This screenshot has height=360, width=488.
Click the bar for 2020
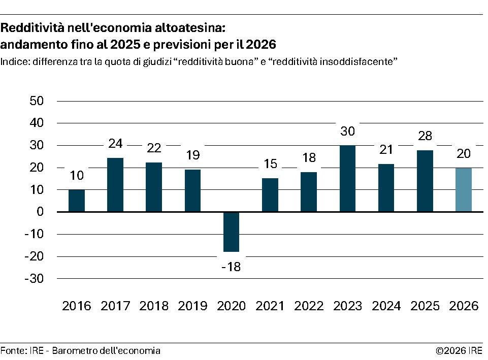tap(231, 232)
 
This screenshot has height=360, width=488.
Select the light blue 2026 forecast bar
tap(463, 189)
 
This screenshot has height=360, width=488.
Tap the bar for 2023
tap(347, 178)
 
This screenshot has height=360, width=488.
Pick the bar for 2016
tap(77, 201)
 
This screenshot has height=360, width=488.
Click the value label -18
tap(231, 267)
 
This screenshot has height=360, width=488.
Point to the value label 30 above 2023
tap(347, 131)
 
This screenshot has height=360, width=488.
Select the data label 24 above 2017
tap(115, 144)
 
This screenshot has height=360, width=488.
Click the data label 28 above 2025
tap(425, 136)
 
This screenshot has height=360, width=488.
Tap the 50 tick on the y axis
tap(37, 101)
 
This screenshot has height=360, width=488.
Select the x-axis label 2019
tap(192, 306)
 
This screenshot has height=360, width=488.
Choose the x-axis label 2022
tap(309, 306)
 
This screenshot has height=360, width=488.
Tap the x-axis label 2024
tap(386, 306)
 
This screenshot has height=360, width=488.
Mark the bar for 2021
tap(270, 195)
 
